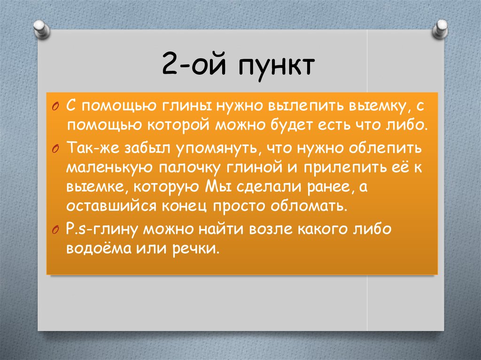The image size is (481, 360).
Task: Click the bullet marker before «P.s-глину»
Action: pos(56,230)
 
